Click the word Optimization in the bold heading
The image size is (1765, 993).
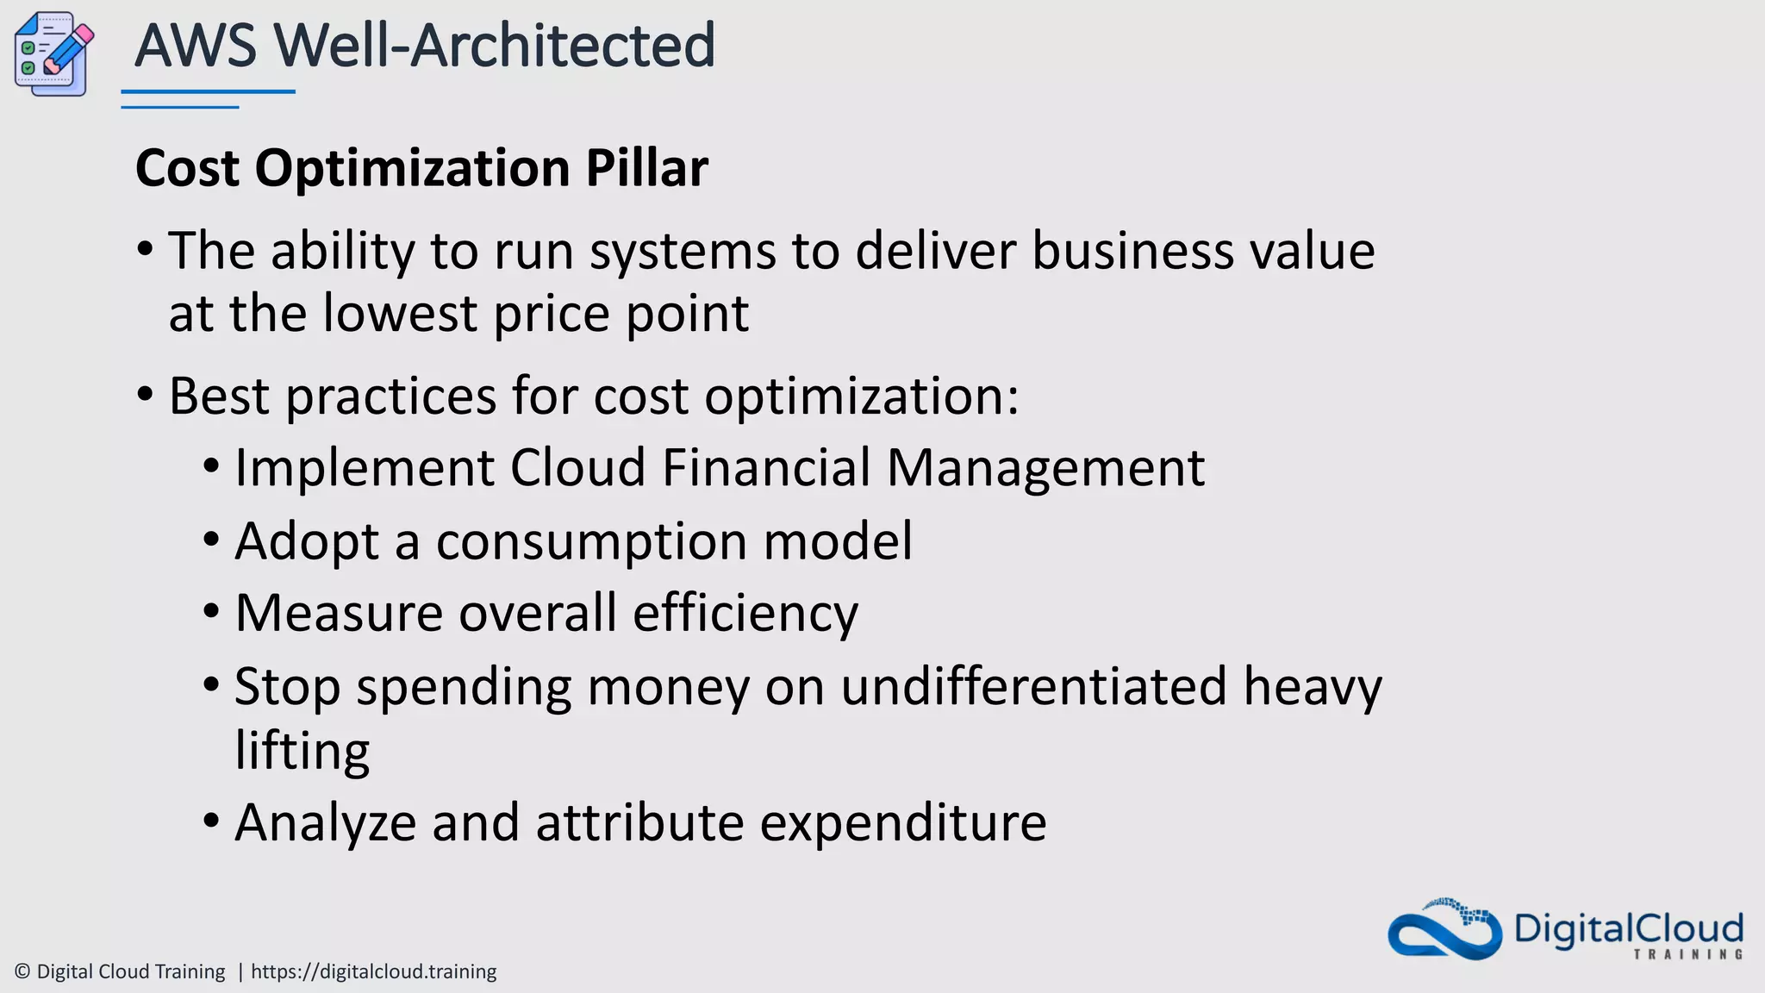412,169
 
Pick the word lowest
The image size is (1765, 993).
399,313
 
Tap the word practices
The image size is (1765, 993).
390,397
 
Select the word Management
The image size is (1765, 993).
1045,470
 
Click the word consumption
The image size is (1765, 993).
591,543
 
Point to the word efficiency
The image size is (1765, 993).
745,614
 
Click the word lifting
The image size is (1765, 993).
302,751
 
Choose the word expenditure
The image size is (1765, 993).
903,824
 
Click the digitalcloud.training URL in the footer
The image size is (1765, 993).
373,971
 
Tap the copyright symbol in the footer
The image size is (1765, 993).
22,971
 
